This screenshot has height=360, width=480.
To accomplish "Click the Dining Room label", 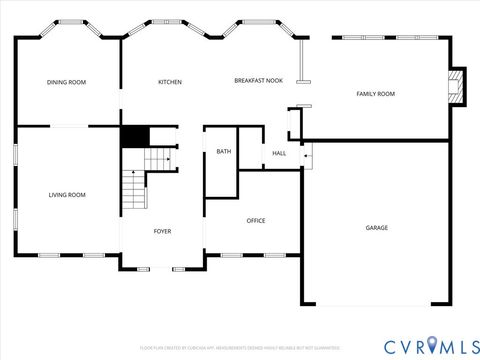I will (x=66, y=82).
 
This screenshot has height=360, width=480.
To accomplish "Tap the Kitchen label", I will (x=170, y=82).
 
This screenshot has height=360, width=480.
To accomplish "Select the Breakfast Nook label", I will (x=258, y=80).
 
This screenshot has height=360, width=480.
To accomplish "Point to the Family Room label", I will (x=376, y=94).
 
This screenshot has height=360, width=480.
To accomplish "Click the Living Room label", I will (x=67, y=195).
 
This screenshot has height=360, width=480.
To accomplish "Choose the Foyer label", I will (x=162, y=231).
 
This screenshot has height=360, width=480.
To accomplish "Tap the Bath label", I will (x=223, y=152).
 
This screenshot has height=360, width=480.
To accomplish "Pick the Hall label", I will (x=279, y=153).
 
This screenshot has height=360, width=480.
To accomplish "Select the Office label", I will (x=256, y=221).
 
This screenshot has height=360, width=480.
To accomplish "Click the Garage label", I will (x=376, y=228).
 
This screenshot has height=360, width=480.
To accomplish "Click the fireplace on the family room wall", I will (x=457, y=86).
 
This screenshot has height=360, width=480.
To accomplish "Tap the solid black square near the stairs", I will (x=134, y=137).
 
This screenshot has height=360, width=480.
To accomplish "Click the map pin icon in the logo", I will (x=432, y=345).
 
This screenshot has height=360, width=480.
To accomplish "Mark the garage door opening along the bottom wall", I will (x=376, y=305).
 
